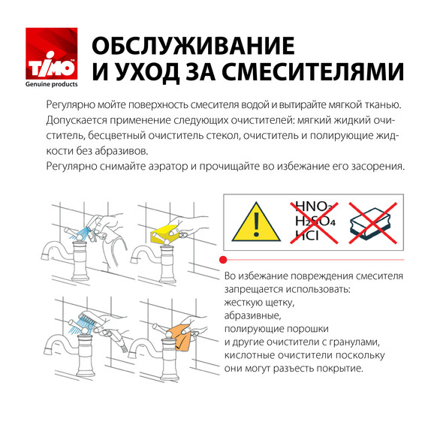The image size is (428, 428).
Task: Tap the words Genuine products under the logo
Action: click(x=52, y=85)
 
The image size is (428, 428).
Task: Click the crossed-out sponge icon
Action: click(x=372, y=222)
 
